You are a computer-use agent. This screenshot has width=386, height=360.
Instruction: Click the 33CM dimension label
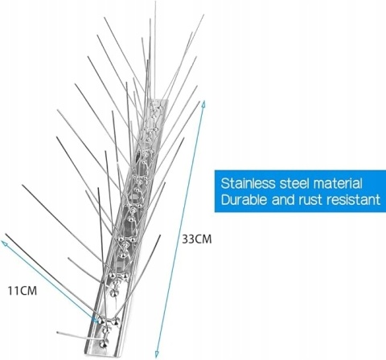[x=197, y=239]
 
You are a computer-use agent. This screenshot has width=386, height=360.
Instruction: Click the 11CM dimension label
[x=22, y=291]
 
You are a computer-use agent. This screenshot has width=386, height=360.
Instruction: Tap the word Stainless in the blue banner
[x=248, y=183]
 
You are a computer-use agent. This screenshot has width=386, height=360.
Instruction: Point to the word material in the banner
[x=339, y=183]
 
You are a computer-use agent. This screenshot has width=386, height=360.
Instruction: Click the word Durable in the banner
[x=244, y=199]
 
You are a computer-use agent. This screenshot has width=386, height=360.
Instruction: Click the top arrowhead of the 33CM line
[x=203, y=103]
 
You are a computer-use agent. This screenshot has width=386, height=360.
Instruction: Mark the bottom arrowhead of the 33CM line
[x=157, y=354]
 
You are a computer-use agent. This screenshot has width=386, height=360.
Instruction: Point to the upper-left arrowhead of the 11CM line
[x=4, y=243]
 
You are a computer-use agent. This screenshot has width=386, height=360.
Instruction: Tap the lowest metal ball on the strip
[x=102, y=344]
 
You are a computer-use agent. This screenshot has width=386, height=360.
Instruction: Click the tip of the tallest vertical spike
[x=155, y=2]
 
